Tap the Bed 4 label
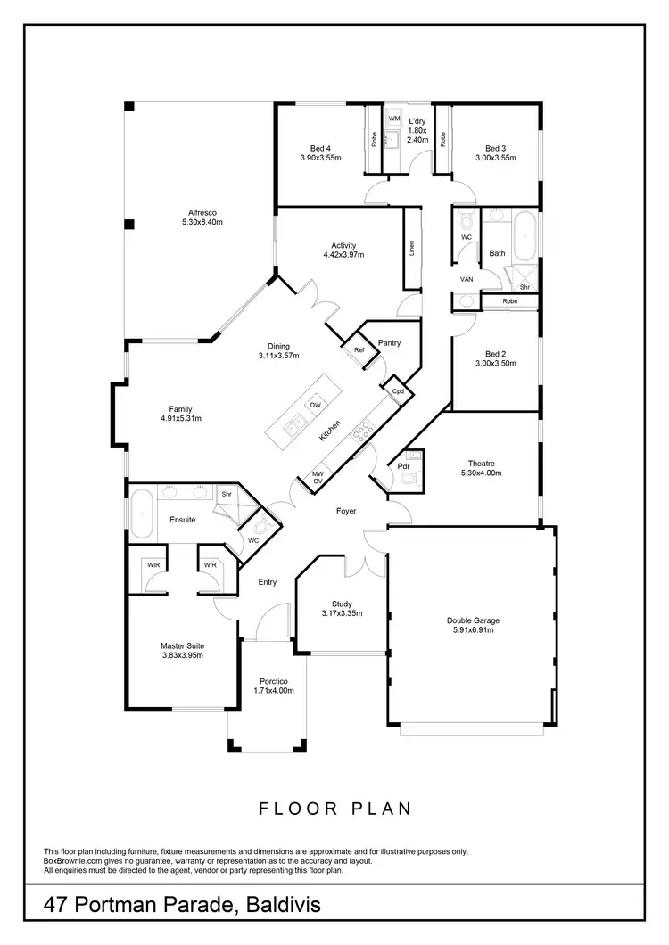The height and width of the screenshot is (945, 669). click(x=320, y=148)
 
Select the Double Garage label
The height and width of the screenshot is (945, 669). click(x=473, y=620)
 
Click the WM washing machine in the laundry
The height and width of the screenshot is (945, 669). click(x=394, y=119)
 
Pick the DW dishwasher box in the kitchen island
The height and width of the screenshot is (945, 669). click(x=315, y=406)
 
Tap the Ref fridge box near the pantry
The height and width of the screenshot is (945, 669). click(x=359, y=350)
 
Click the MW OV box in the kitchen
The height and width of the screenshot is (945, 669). click(x=317, y=478)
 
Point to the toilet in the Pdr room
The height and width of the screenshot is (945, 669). click(x=409, y=479)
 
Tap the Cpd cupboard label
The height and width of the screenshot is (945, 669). click(x=398, y=390)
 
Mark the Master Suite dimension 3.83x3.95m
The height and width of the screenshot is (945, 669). click(x=182, y=655)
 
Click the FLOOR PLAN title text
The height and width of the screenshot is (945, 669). click(x=334, y=809)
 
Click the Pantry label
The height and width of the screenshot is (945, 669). click(x=389, y=342)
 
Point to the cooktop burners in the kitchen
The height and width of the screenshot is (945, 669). click(x=363, y=431)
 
